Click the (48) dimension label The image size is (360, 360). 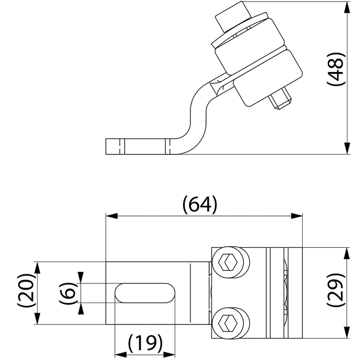[x=335, y=69]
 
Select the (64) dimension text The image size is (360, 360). [x=199, y=205]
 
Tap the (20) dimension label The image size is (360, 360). [x=27, y=291]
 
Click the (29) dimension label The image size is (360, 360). [x=335, y=290]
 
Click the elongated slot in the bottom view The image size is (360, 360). [x=145, y=293]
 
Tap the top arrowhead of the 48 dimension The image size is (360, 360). [x=347, y=8]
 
